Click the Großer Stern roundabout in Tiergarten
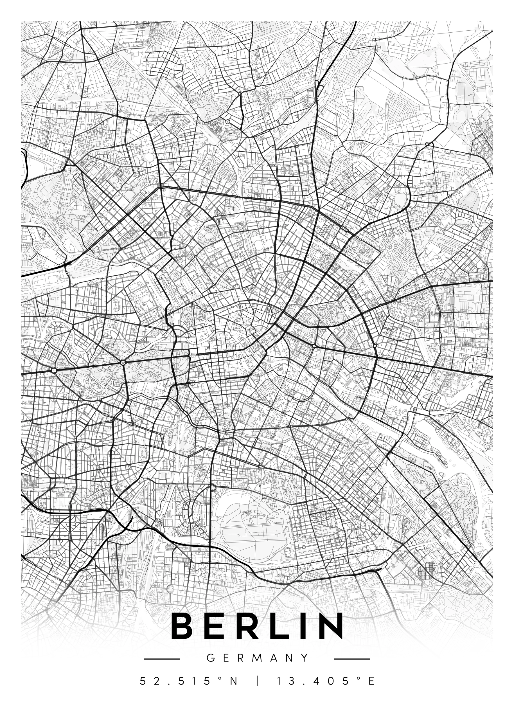point(123,362)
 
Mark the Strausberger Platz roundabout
point(314,347)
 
